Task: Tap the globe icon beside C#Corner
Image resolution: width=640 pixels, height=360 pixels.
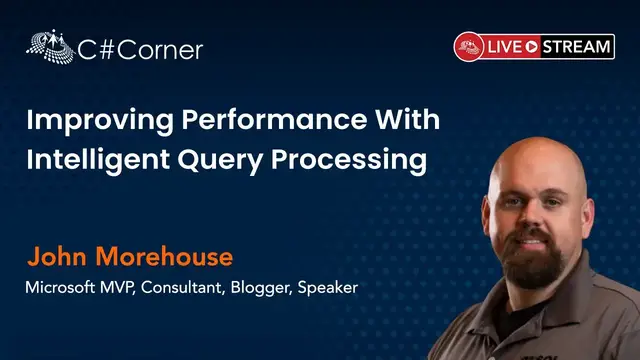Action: tap(47, 46)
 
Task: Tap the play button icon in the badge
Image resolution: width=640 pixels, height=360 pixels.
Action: tap(533, 46)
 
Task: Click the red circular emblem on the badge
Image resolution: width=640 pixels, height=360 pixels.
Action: tap(468, 46)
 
